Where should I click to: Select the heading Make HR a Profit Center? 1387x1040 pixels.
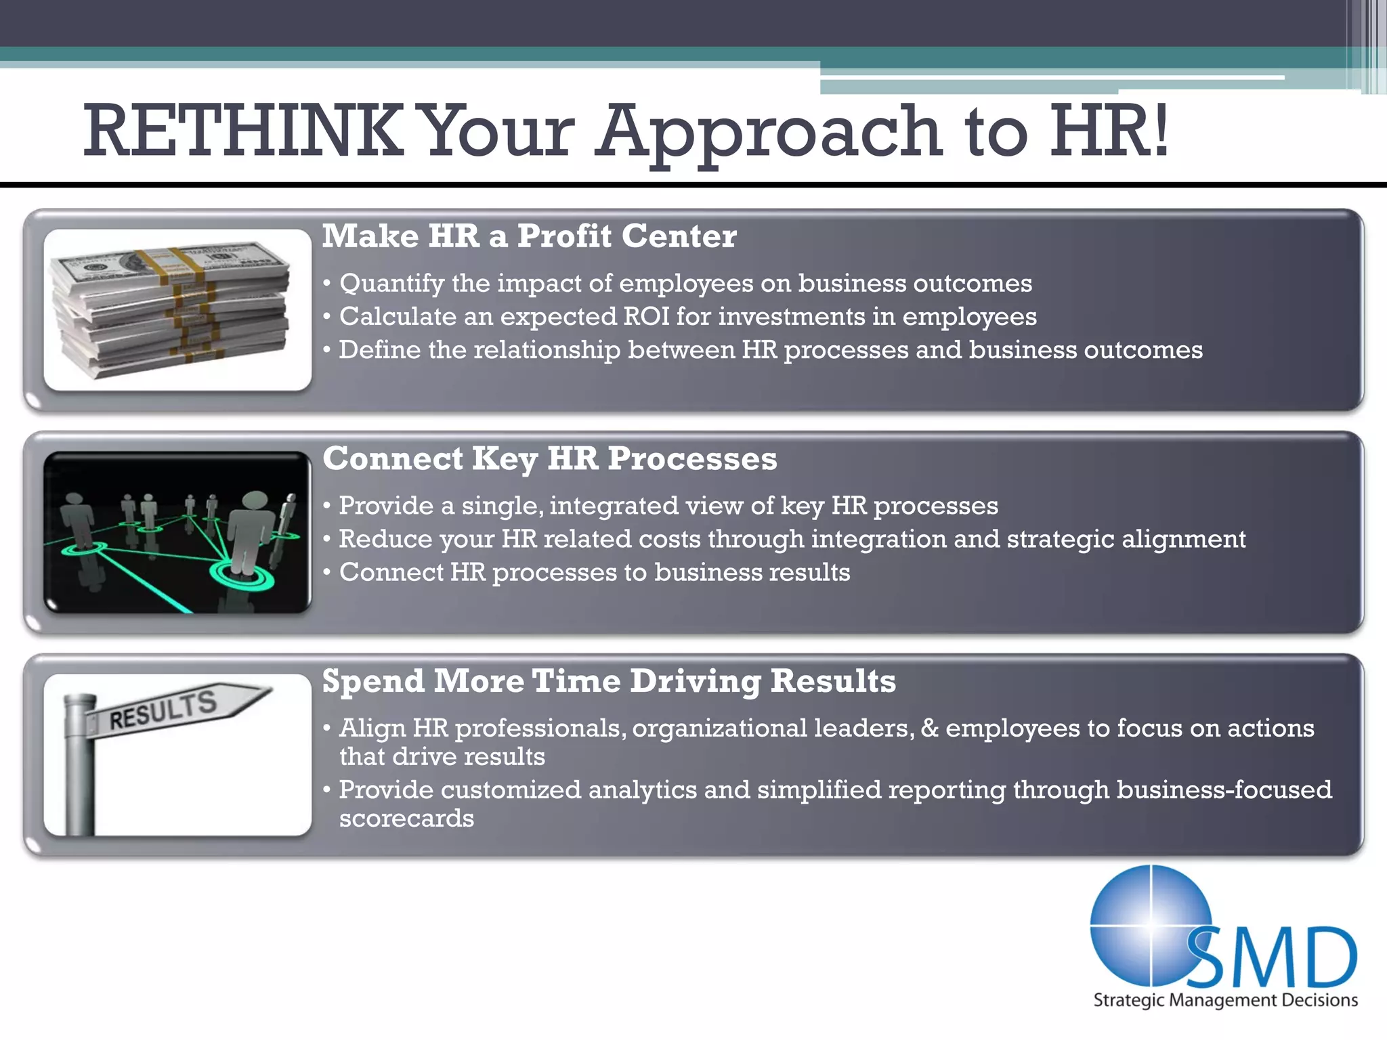[x=529, y=236]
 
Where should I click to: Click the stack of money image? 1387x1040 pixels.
[x=173, y=308]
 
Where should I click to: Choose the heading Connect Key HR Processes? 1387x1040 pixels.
[x=549, y=458]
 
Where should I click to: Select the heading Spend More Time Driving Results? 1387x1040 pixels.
[x=609, y=680]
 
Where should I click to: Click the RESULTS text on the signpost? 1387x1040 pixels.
[x=163, y=710]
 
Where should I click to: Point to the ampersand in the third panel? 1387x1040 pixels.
[x=929, y=728]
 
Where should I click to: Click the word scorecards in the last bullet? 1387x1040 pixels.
[x=406, y=819]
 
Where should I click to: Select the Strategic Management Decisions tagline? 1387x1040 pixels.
[x=1225, y=1000]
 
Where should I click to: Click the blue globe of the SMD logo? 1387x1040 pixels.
[x=1145, y=921]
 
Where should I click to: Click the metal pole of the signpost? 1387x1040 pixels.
[x=79, y=772]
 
